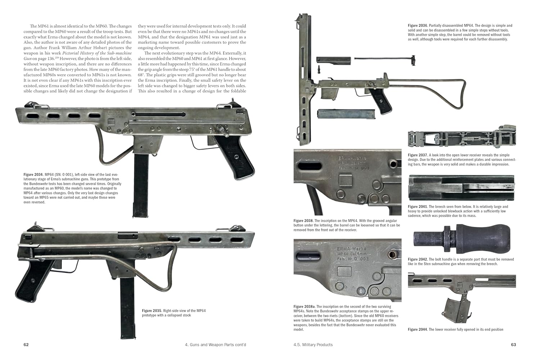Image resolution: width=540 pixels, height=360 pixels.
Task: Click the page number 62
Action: coord(26,345)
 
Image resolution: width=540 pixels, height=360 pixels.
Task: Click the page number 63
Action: coord(513,345)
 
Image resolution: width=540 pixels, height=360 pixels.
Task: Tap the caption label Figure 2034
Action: coord(33,175)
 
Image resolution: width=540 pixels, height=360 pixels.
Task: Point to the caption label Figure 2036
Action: coord(418,26)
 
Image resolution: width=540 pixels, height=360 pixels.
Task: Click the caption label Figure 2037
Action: coord(418,155)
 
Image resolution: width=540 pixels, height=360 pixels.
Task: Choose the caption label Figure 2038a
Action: coord(304,306)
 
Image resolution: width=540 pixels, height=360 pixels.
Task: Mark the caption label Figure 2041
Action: coord(418,207)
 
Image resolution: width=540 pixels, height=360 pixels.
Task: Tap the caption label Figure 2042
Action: coord(418,259)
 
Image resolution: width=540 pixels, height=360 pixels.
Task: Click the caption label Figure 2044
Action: coord(418,329)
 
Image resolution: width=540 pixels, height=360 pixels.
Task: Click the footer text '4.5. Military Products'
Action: coord(313,345)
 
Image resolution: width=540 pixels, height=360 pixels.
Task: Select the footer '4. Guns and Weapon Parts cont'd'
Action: coord(216,345)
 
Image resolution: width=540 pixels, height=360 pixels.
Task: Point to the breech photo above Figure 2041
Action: coord(462,188)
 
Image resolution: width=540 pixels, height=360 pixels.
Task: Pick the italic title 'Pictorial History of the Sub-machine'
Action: coord(97,53)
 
